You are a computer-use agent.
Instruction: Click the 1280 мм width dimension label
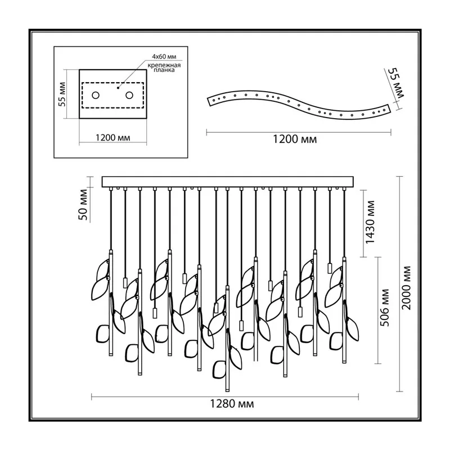click(x=232, y=404)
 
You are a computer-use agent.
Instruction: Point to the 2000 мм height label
click(x=406, y=288)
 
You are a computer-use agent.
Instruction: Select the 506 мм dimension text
click(x=385, y=308)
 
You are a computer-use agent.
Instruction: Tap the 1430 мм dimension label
click(x=370, y=222)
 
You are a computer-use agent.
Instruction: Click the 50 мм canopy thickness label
click(x=83, y=205)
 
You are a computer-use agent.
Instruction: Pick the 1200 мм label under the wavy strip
click(x=295, y=139)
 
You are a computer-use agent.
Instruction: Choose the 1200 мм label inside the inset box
click(x=113, y=138)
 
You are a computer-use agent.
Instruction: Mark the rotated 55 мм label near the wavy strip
click(x=396, y=83)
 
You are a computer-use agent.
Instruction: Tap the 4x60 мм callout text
click(x=164, y=57)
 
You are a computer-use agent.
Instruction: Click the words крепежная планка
click(x=164, y=67)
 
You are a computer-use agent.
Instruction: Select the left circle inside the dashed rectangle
click(x=96, y=95)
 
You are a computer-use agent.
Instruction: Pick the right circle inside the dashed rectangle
click(x=129, y=95)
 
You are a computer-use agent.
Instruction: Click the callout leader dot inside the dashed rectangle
click(x=118, y=88)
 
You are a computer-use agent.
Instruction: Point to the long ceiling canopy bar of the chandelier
click(x=228, y=182)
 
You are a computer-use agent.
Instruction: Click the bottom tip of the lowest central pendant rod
click(x=227, y=391)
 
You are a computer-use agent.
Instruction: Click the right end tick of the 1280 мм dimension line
click(x=358, y=397)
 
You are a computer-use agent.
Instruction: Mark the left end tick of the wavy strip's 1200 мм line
click(x=207, y=132)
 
